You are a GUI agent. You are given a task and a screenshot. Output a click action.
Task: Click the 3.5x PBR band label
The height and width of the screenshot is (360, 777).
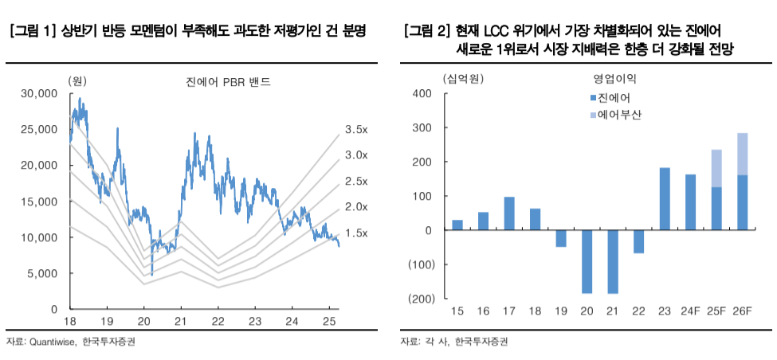pyautogui.click(x=355, y=129)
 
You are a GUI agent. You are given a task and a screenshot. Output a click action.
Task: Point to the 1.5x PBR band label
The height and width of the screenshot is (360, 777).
pyautogui.click(x=355, y=233)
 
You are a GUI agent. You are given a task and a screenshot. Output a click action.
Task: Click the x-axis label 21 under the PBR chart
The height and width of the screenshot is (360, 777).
pyautogui.click(x=180, y=322)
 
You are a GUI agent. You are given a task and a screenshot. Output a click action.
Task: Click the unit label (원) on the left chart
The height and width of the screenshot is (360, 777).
pyautogui.click(x=77, y=80)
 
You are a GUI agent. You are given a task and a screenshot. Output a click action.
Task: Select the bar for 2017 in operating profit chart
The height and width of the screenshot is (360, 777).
pyautogui.click(x=509, y=213)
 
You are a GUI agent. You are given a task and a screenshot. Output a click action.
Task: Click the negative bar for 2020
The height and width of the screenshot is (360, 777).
pyautogui.click(x=587, y=262)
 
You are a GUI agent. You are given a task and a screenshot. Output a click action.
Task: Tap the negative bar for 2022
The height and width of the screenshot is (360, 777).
pyautogui.click(x=638, y=241)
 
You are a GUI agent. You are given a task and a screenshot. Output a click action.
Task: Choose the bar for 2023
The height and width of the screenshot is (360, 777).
pyautogui.click(x=664, y=199)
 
